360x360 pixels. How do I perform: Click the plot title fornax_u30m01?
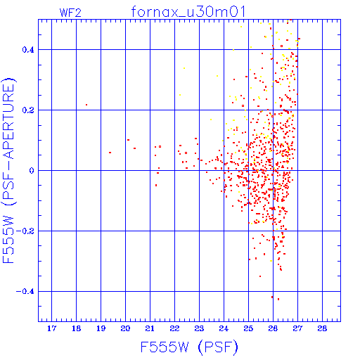pos(188,12)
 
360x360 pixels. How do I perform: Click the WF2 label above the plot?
pos(70,13)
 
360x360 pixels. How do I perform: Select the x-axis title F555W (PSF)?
pos(189,347)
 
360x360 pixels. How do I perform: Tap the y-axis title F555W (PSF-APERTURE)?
pos(8,171)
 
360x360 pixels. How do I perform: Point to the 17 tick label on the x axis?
pos(51,328)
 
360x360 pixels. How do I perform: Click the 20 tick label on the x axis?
pos(125,328)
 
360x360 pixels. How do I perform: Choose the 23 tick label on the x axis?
pos(199,328)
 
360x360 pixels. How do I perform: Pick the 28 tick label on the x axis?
pos(322,328)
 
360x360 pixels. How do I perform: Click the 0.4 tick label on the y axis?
pos(28,50)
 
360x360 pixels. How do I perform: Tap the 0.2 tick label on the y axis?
pos(28,110)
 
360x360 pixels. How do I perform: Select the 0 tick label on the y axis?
pos(32,171)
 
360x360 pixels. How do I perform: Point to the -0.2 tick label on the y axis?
pos(25,231)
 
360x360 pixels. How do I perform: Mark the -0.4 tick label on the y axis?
pos(25,292)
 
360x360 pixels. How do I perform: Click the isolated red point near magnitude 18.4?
pos(86,105)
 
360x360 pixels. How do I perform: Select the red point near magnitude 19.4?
pos(110,153)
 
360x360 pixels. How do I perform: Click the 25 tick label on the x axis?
pos(248,328)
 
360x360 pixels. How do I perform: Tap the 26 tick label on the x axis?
pos(273,328)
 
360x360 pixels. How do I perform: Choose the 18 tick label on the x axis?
pos(76,328)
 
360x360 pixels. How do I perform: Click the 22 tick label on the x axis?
pos(174,328)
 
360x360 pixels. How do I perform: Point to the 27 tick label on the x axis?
pos(297,328)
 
